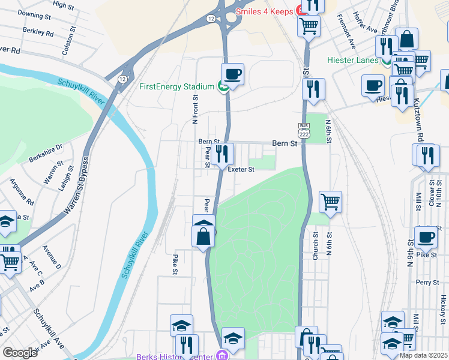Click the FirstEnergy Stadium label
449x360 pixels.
176,86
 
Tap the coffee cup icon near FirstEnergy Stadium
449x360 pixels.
232,75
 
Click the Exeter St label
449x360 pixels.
241,169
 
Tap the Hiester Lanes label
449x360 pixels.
352,60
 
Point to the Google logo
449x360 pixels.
20,353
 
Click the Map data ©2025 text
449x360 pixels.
423,355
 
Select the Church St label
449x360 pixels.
315,247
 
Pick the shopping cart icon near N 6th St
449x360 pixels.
330,202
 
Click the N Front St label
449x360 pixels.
194,109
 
